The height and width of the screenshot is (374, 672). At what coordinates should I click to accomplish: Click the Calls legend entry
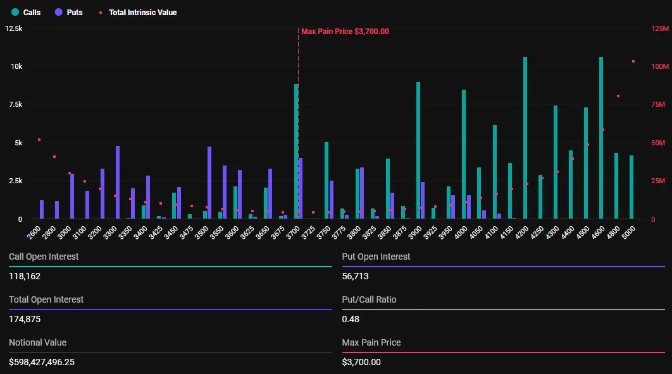pos(26,12)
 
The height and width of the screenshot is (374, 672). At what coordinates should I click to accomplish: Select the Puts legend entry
pos(69,12)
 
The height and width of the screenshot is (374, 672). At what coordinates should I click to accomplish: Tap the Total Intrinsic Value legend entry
pos(137,12)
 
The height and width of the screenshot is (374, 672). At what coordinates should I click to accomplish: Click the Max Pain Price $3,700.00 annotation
pos(345,32)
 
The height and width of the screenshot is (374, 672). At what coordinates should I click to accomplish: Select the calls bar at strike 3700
pos(296,152)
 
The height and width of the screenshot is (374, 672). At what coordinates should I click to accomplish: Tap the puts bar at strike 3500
pos(209,183)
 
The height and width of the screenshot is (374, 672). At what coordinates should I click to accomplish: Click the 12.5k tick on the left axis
pos(14,28)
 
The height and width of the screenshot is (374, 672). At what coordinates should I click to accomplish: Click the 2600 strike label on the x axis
pos(35,232)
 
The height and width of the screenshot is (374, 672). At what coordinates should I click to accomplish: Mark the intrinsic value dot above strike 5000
pos(633,61)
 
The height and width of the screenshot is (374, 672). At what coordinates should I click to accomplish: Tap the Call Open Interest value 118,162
pos(25,276)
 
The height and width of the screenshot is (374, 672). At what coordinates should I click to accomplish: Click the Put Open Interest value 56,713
pos(355,276)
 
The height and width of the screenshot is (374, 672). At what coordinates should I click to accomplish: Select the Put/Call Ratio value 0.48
pos(351,319)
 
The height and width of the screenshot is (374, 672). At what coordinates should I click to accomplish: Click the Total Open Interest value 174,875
pos(25,319)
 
